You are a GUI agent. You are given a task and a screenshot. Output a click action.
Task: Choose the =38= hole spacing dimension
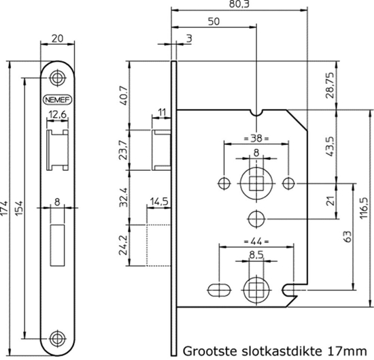tap(256, 138)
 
